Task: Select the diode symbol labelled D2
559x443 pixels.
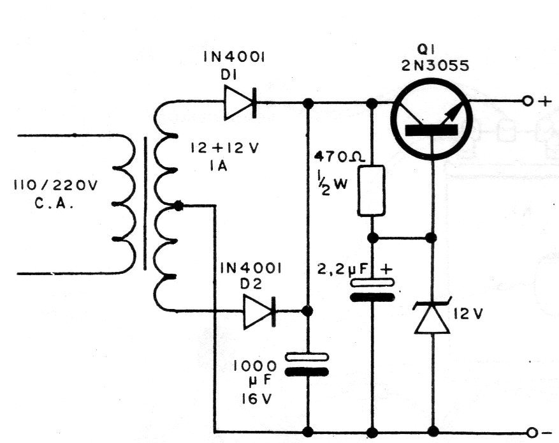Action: (260, 312)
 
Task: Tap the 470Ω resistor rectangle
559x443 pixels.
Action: (371, 190)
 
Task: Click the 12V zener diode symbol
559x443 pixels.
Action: (432, 316)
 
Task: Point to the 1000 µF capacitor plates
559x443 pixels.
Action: (307, 364)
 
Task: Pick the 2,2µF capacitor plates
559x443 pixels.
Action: (372, 290)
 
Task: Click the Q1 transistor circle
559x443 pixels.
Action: (432, 120)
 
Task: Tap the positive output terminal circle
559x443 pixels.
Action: (527, 101)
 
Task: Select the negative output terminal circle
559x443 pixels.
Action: (532, 433)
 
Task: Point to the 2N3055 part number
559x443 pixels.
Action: (435, 66)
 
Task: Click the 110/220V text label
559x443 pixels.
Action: (55, 186)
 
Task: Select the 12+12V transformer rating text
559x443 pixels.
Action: (224, 148)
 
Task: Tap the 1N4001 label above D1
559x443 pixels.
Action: (234, 57)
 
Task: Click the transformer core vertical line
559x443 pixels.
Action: (145, 203)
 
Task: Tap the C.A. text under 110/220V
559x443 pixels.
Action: (54, 204)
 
